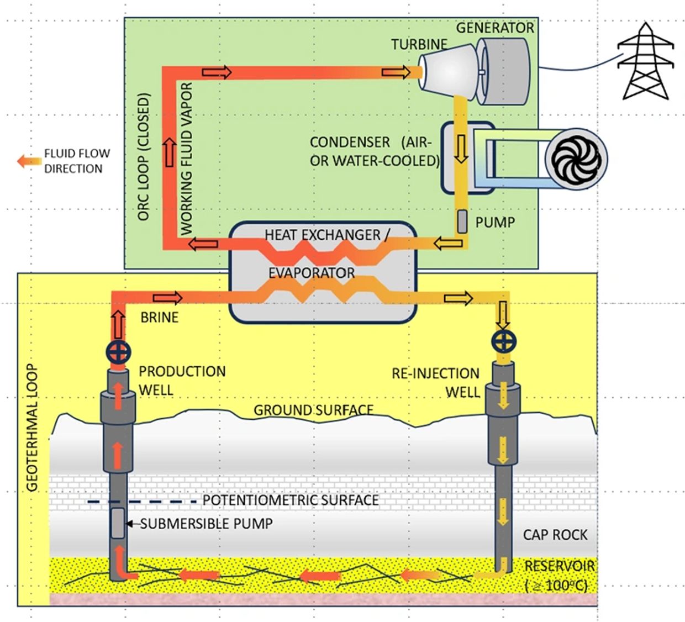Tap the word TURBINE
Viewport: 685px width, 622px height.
(419, 44)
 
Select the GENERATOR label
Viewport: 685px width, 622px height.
(495, 28)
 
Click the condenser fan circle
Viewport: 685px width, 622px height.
(576, 159)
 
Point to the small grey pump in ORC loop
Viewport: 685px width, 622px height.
(462, 221)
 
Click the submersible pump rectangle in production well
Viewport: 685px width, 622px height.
(117, 523)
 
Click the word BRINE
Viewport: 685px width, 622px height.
(160, 318)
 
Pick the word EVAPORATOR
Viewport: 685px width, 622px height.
(312, 273)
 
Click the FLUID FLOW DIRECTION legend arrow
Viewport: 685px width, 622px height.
(28, 161)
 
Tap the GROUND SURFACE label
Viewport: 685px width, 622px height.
(313, 410)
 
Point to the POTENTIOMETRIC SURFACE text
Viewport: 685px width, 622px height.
(291, 500)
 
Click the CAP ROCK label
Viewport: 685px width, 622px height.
(555, 535)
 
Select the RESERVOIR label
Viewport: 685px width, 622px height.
(560, 566)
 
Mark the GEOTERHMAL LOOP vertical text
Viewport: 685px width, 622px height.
(32, 428)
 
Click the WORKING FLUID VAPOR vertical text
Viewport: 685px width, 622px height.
(187, 158)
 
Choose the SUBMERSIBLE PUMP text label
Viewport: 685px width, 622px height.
(206, 524)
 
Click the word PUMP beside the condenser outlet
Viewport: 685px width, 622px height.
(495, 223)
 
